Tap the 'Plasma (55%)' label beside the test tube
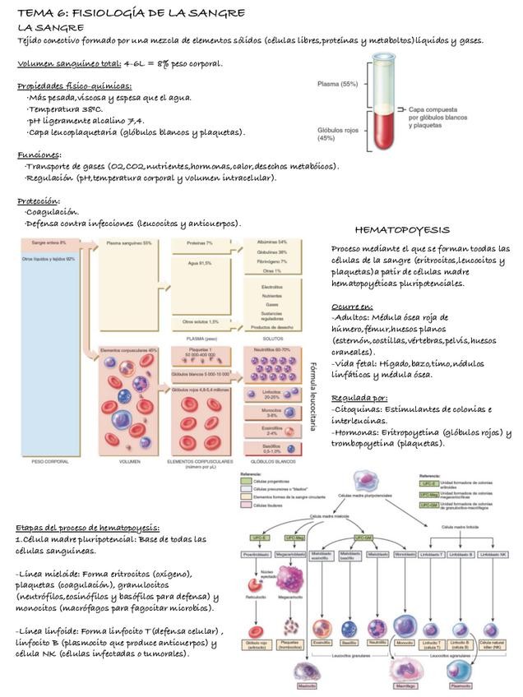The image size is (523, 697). tap(338, 84)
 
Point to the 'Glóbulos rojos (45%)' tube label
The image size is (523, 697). tap(338, 133)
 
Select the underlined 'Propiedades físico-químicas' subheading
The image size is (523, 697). tap(75, 86)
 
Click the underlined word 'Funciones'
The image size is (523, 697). tap(38, 155)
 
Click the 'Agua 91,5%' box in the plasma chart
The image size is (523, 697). tap(199, 263)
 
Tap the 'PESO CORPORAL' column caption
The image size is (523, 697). tap(49, 462)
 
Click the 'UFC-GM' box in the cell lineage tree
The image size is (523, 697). tap(364, 537)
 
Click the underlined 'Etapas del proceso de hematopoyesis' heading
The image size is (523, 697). tap(88, 527)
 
